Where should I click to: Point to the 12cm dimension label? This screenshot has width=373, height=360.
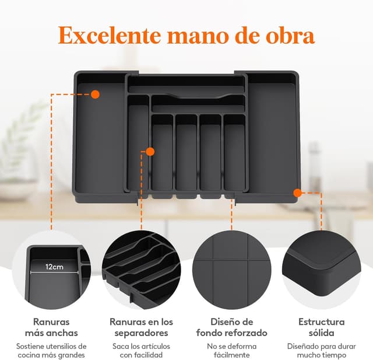coord(55,267)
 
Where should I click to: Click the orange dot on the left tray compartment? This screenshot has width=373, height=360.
coord(96,93)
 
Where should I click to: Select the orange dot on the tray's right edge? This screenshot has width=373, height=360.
coord(297,192)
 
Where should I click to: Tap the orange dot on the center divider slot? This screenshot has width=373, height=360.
coord(150,152)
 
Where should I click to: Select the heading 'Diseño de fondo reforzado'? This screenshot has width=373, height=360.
coord(231,327)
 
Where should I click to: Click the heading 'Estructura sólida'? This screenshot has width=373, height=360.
coord(321,327)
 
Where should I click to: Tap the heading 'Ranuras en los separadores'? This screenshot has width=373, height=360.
coord(142,327)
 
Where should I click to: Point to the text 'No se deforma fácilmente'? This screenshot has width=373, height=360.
coord(231,350)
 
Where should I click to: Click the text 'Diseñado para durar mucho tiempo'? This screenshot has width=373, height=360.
coord(321,350)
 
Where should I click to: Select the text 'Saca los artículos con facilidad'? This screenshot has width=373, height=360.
coord(142,350)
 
